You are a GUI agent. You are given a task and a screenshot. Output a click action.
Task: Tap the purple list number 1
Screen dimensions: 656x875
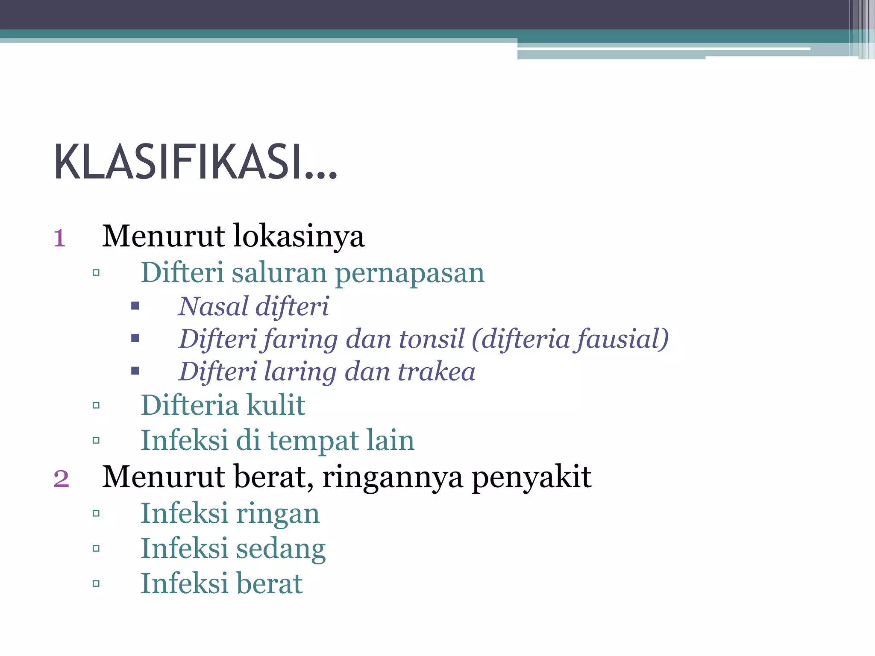click(x=59, y=238)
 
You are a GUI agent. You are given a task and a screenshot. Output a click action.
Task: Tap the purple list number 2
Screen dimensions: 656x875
click(x=61, y=479)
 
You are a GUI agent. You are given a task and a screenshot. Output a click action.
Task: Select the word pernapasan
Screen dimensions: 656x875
click(x=410, y=274)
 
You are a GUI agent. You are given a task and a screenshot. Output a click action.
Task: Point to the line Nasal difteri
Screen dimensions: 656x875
click(x=254, y=307)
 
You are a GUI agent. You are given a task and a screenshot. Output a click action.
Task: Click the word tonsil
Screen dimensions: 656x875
click(x=432, y=339)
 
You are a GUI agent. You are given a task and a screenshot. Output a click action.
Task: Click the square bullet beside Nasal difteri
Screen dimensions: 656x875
click(x=135, y=306)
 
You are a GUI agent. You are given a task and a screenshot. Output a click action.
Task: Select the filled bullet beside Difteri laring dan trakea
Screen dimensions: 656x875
click(x=135, y=371)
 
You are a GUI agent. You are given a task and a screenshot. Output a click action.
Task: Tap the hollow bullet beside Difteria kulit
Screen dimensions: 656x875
click(x=96, y=405)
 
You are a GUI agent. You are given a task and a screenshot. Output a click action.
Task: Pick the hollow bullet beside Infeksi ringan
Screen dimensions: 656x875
click(x=96, y=513)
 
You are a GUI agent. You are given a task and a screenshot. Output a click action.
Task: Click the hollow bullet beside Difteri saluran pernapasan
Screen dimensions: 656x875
click(x=96, y=272)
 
